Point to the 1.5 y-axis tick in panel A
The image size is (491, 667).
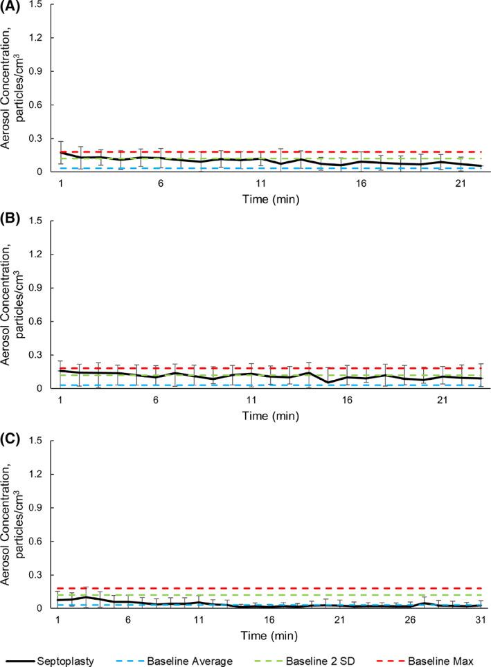pyautogui.click(x=43, y=5)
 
